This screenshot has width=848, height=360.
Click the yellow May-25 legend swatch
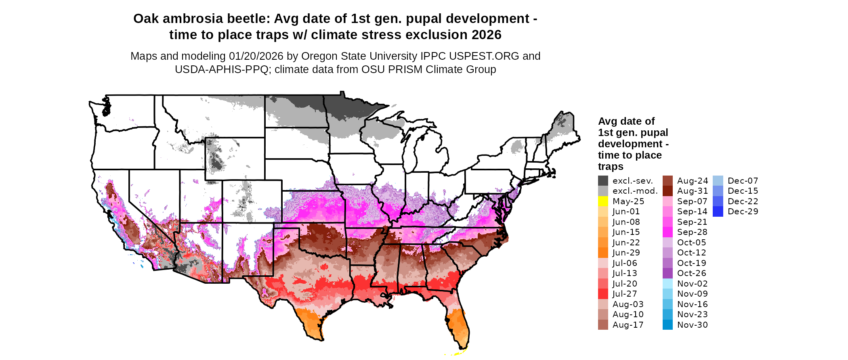603,201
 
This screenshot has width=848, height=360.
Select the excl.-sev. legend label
632,181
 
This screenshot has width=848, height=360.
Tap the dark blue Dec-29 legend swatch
718,211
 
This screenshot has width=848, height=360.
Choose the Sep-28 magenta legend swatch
667,232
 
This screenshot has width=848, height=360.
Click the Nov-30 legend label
692,325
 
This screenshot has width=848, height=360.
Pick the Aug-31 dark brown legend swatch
667,191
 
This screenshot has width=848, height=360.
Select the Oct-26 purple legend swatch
667,273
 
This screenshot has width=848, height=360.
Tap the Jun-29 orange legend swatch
603,253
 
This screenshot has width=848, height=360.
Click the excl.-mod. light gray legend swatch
603,191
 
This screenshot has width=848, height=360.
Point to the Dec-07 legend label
743,181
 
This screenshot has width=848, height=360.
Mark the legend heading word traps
611,167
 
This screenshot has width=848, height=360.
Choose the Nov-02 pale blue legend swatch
667,284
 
